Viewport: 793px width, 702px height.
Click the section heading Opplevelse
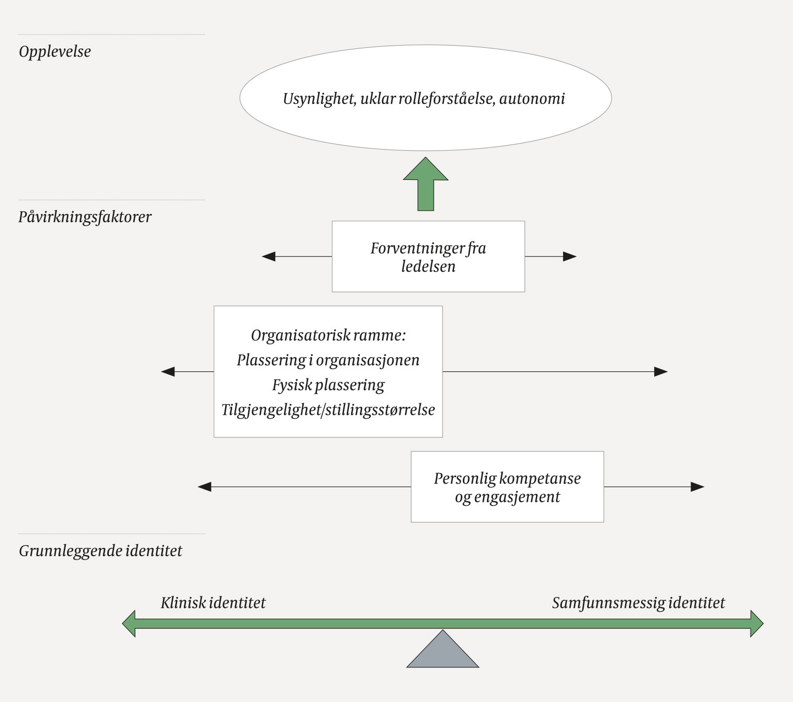click(x=54, y=52)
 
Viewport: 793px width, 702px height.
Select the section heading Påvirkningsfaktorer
click(x=85, y=217)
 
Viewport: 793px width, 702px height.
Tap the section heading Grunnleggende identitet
click(x=100, y=551)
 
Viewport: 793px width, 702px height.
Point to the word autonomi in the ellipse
click(x=532, y=99)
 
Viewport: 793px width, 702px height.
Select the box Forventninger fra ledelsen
click(x=428, y=257)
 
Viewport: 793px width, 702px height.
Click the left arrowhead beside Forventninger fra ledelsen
click(x=269, y=256)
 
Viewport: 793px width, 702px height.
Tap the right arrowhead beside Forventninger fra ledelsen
click(x=570, y=256)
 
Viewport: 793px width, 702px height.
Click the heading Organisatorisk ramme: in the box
click(x=328, y=335)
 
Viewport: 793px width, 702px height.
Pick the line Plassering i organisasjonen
click(x=328, y=360)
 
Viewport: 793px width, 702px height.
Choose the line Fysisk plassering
click(x=328, y=385)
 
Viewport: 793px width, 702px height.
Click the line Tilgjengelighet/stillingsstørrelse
click(x=328, y=410)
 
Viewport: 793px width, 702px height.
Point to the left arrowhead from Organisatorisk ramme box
click(x=168, y=372)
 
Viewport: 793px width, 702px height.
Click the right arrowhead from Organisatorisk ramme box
click(x=661, y=372)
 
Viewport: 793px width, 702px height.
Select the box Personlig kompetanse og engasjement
click(x=507, y=487)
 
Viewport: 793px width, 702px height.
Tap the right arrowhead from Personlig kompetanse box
click(x=698, y=487)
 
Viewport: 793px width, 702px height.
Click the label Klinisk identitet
click(x=213, y=603)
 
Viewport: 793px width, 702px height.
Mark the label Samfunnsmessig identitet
click(x=638, y=603)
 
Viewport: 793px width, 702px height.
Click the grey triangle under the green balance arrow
click(x=442, y=654)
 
